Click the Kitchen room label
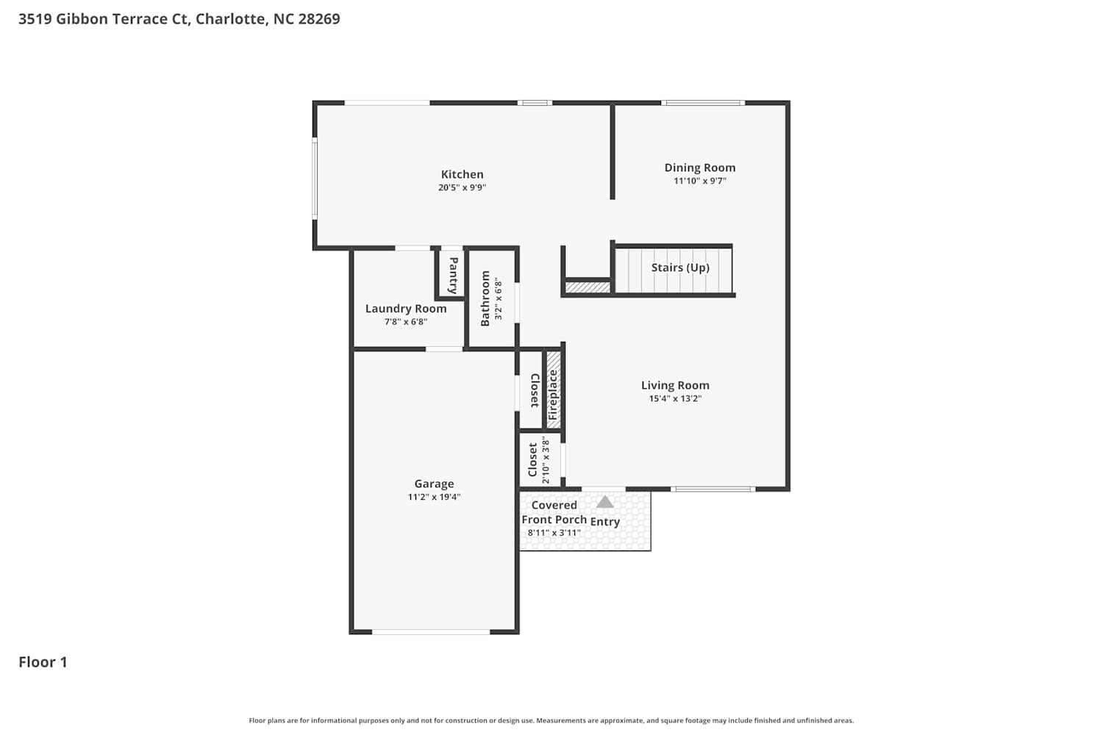pos(462,174)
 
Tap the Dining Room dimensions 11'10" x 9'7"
pos(700,181)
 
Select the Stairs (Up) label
pos(680,268)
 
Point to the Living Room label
pos(675,385)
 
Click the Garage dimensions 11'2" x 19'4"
pos(434,497)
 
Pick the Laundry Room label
pos(406,309)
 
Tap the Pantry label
pos(453,275)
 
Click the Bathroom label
pos(485,298)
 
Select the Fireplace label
pos(553,395)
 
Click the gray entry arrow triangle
pos(604,502)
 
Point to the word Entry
pos(604,522)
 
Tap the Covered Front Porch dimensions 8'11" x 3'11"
pos(554,533)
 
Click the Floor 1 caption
pos(43,662)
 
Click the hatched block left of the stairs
pos(588,287)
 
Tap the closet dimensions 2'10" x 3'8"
pos(546,460)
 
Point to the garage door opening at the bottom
pos(431,632)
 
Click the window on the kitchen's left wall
pos(315,178)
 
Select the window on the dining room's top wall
pos(703,103)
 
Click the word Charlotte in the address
pos(231,18)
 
